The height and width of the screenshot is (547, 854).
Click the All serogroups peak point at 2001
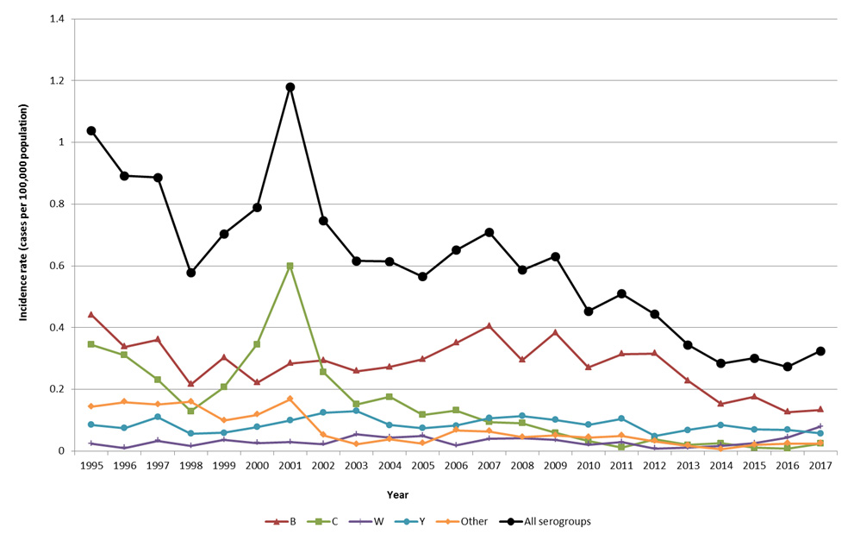point(290,87)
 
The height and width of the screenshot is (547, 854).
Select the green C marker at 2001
point(290,266)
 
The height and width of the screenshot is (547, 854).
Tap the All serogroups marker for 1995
point(91,131)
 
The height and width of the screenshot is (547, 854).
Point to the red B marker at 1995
point(91,315)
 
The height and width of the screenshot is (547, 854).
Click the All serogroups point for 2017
point(820,351)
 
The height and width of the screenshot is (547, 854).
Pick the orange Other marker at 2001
point(290,399)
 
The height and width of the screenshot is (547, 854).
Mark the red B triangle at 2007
point(489,326)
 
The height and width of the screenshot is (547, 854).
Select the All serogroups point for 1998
point(191,273)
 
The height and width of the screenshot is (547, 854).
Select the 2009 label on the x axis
point(555,464)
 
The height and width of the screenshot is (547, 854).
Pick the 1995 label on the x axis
point(91,464)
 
